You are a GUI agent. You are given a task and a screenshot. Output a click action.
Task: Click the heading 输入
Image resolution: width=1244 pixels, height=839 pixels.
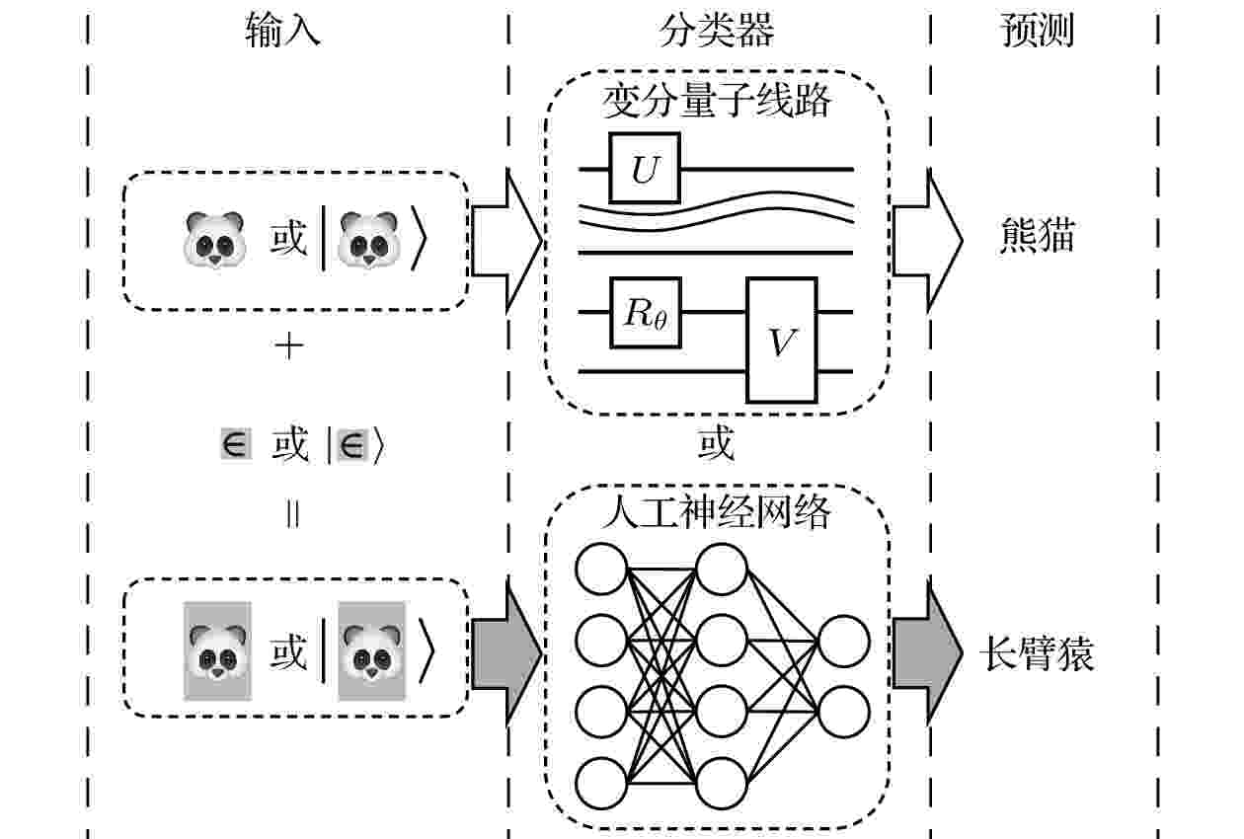282,30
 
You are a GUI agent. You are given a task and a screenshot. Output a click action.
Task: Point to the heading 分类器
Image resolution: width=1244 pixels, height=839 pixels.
717,30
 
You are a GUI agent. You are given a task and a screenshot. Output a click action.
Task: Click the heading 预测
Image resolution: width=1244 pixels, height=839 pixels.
1037,30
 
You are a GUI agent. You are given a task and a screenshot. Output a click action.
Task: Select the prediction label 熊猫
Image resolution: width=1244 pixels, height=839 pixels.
1038,236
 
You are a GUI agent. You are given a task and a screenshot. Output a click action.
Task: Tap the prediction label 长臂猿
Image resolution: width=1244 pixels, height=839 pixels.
1037,653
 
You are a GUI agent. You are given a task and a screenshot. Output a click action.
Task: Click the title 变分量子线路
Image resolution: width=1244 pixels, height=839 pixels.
717,101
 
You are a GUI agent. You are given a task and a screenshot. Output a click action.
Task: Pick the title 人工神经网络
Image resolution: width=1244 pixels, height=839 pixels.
717,511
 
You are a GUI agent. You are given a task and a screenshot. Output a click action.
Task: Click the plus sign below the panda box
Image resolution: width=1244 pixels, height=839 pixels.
289,347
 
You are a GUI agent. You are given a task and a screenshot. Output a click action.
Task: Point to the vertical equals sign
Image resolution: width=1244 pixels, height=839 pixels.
292,514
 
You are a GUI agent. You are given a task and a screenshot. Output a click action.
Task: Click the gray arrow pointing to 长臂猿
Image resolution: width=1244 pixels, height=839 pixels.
927,653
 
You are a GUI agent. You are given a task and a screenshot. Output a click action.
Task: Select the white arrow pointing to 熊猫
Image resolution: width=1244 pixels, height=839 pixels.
927,240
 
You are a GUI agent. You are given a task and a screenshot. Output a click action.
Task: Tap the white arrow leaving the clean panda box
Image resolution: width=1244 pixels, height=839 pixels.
506,241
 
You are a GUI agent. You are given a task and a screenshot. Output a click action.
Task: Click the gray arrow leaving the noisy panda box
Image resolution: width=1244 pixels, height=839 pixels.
506,653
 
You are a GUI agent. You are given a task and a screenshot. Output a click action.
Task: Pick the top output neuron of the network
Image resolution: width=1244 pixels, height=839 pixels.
844,642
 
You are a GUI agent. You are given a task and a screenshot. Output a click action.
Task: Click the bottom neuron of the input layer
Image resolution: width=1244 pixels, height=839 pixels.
601,784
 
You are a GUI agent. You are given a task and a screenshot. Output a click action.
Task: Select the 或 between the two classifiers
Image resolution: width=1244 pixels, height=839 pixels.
717,443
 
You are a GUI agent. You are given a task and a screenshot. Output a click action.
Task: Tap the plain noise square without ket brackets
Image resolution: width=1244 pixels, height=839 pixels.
236,443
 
